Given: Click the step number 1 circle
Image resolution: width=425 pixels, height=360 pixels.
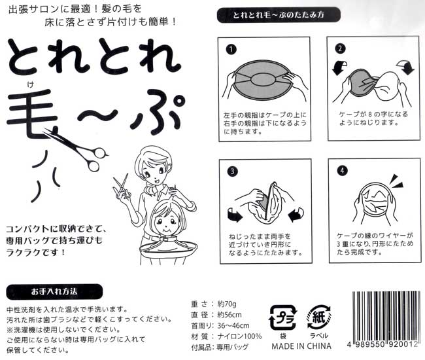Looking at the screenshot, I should point(231,49).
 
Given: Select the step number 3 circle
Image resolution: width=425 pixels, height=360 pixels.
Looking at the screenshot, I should point(231,172).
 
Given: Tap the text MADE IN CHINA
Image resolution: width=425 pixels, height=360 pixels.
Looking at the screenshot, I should point(301,346).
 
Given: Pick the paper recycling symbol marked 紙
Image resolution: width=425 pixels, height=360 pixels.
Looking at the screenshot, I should point(322,319).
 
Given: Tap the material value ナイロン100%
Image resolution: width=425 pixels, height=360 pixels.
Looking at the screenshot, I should point(239,336).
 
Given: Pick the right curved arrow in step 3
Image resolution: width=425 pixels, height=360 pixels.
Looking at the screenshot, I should point(293,212).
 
